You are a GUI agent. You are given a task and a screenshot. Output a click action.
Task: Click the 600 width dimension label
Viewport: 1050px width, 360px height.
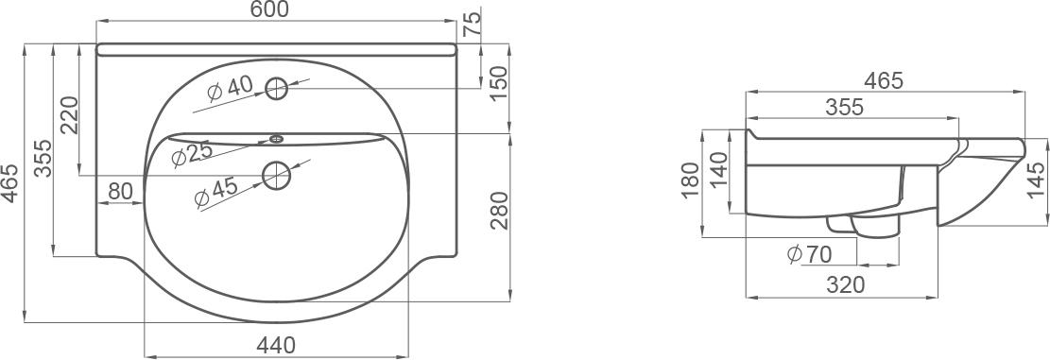coord(271,10)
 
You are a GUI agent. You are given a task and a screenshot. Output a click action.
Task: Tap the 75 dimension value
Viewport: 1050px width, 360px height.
coord(473,25)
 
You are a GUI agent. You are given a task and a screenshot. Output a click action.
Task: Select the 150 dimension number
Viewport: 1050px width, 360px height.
coord(500,84)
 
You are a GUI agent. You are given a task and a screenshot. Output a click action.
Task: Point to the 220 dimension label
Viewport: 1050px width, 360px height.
coord(70,114)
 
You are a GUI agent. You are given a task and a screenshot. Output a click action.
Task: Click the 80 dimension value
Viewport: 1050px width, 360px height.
coord(120,192)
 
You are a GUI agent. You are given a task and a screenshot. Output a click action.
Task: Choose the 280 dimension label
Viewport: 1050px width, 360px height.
coord(500,211)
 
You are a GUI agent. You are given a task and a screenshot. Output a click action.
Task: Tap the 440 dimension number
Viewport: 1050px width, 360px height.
coord(276,345)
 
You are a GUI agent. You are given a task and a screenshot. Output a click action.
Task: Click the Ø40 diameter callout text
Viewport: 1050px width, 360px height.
coord(230,88)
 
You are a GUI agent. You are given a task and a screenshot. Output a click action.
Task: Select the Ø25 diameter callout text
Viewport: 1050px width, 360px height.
coord(192,155)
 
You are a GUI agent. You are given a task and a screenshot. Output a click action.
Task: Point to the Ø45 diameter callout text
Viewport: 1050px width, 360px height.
coord(215,193)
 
